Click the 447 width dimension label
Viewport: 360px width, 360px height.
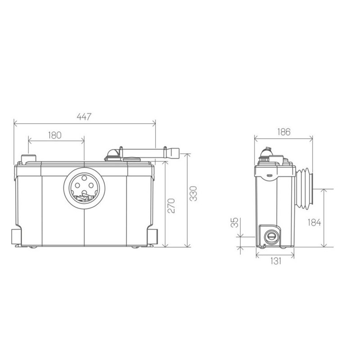[x=84, y=117]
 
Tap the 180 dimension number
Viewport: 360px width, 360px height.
[x=54, y=135]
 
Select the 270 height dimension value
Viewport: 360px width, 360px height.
[x=171, y=206]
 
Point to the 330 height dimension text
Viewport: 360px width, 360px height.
[x=193, y=193]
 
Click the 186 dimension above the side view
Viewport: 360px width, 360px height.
[x=284, y=132]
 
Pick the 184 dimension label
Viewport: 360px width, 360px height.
[x=314, y=222]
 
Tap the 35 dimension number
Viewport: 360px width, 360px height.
[x=234, y=222]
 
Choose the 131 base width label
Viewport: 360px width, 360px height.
[x=275, y=261]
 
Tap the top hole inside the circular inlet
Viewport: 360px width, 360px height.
[x=85, y=178]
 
